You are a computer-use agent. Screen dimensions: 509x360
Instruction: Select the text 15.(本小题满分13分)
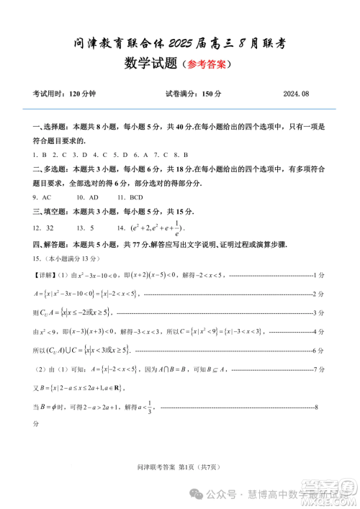tap(65, 258)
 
